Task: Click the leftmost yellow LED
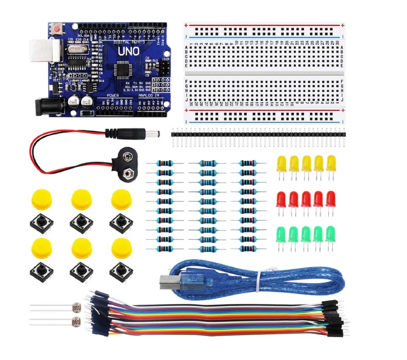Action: [281, 163]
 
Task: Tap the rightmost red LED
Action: [330, 199]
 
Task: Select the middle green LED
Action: [306, 234]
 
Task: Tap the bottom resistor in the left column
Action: [163, 249]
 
